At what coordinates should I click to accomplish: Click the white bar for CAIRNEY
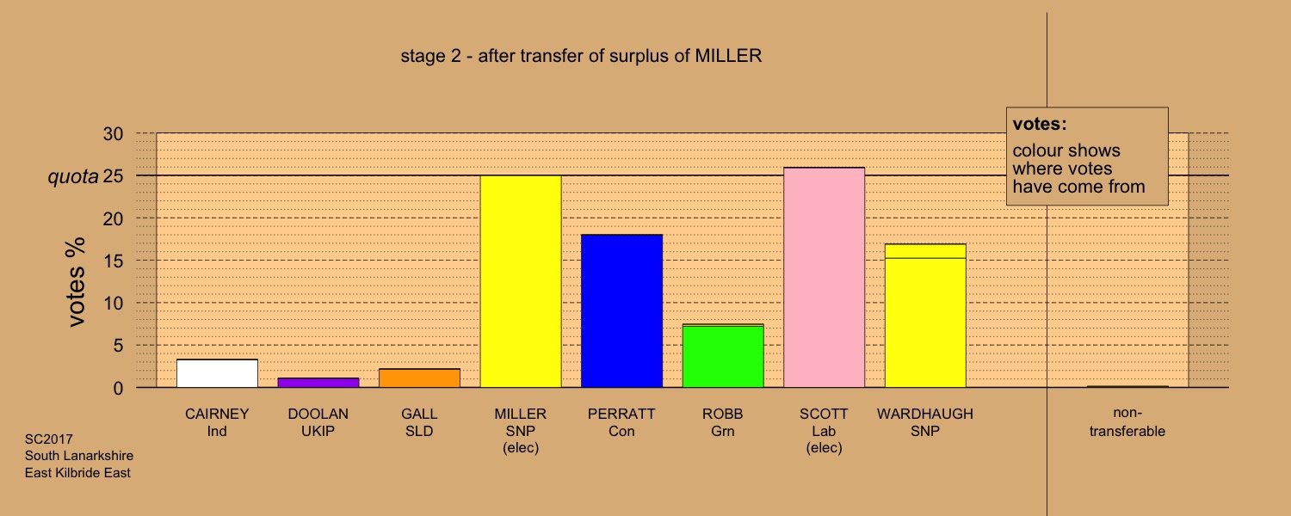[x=217, y=373]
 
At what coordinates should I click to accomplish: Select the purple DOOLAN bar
[x=318, y=383]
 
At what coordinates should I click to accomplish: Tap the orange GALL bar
[x=420, y=378]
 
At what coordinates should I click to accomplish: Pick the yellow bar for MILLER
[x=521, y=281]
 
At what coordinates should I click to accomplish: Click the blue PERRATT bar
[x=622, y=311]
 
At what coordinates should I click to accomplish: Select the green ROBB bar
[x=723, y=356]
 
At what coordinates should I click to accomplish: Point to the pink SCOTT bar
[x=825, y=278]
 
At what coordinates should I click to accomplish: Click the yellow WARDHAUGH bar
[x=925, y=316]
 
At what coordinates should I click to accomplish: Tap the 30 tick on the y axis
[x=113, y=133]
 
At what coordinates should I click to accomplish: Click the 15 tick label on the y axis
[x=113, y=261]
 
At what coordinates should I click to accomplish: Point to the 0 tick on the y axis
[x=118, y=388]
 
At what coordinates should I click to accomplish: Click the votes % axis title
[x=76, y=281]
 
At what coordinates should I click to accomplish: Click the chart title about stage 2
[x=581, y=56]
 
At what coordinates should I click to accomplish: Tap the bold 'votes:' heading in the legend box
[x=1040, y=124]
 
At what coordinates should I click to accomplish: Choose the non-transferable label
[x=1127, y=421]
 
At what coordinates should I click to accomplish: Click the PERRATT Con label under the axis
[x=621, y=422]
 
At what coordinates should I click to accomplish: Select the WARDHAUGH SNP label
[x=925, y=422]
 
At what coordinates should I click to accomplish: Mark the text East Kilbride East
[x=77, y=473]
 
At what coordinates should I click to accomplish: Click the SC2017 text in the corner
[x=49, y=439]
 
